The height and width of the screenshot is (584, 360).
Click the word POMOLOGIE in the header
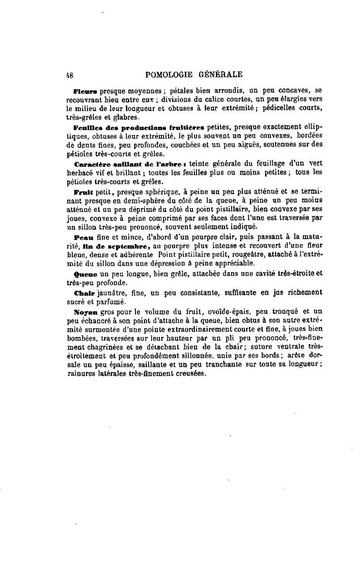pos(169,74)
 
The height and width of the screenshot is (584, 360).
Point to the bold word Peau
pos(82,238)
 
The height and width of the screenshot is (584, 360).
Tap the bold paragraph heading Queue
pos(85,274)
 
